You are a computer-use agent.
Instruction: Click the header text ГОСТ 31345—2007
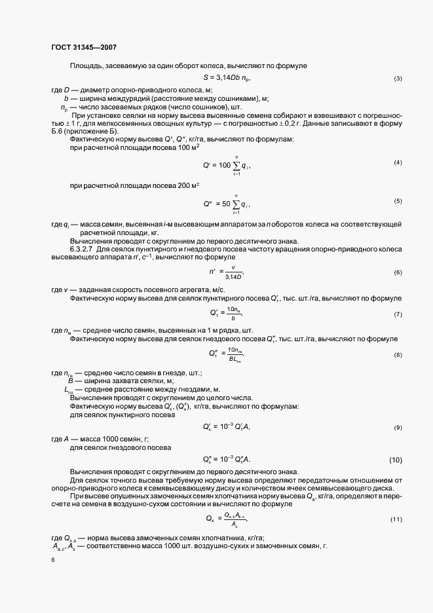pos(83,46)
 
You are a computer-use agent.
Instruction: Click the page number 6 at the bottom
pos(52,561)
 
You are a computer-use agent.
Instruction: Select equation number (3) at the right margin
pos(398,79)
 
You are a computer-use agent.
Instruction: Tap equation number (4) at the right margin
pos(398,162)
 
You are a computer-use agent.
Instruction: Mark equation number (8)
pos(398,354)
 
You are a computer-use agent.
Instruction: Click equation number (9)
pos(398,427)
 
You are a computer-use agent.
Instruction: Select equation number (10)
pos(396,459)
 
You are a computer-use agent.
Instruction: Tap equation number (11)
pos(396,519)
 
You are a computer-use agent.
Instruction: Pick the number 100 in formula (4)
pos(223,164)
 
